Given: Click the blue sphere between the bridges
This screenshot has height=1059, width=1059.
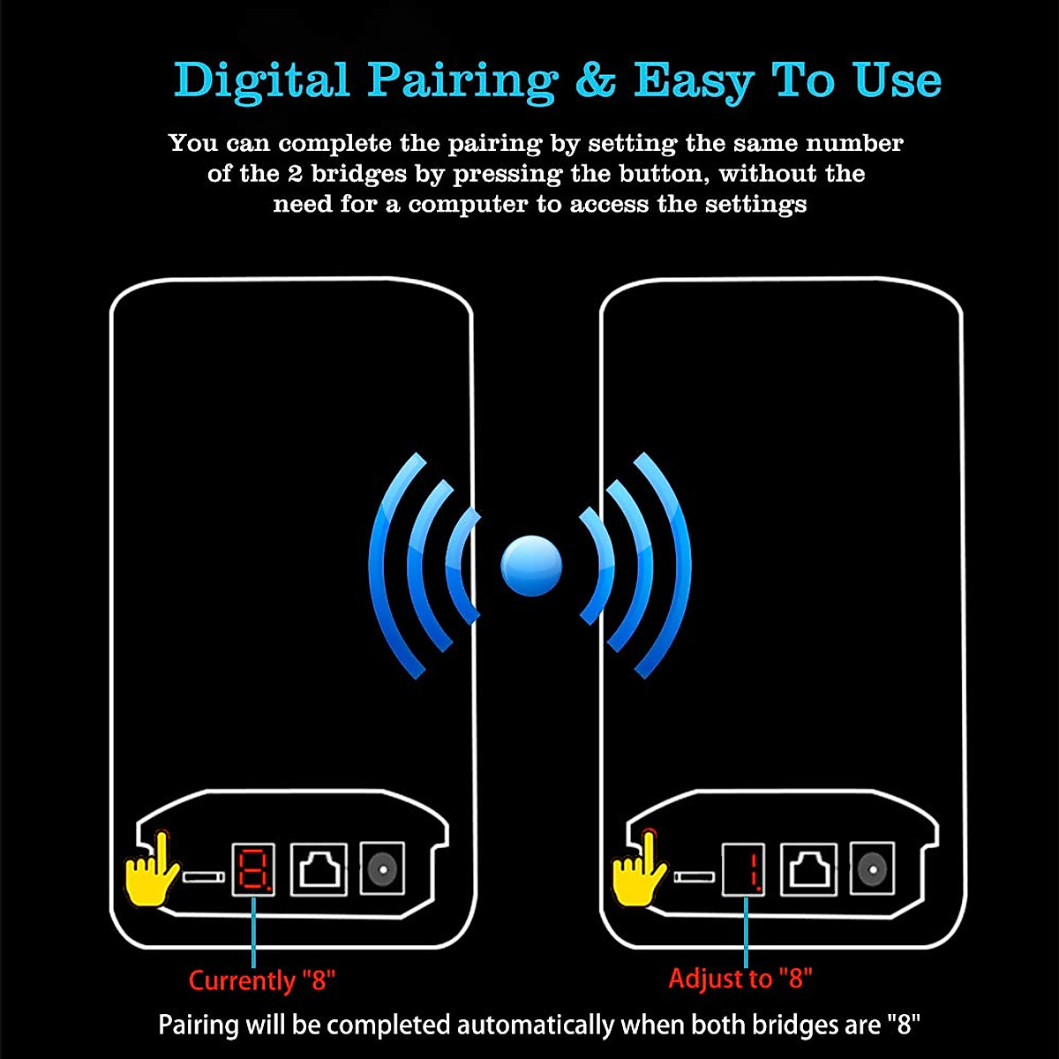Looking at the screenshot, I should pos(530,566).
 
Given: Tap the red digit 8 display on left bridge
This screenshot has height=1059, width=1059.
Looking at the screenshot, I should pos(253,869).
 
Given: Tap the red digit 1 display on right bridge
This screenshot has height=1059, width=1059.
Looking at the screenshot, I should pos(744,869).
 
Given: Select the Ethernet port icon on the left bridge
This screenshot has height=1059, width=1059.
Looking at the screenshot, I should pos(319,869).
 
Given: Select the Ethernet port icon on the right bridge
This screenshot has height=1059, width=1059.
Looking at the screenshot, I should pos(809,869).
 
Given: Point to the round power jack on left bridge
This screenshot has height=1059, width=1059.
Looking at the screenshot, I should pos(383,869).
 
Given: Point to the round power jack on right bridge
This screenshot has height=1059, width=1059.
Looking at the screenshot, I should pos(873,869).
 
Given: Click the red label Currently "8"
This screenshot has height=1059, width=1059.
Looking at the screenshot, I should pos(262,980).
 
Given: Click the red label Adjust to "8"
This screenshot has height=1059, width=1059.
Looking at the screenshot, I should pos(740,978).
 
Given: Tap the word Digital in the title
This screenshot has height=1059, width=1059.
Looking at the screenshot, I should pos(262,80).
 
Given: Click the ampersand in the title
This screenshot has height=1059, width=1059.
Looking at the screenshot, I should pos(596,80).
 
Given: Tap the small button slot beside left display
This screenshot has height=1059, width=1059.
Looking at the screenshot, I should pos(203,877).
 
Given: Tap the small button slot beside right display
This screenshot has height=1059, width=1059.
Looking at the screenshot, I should pos(694,877).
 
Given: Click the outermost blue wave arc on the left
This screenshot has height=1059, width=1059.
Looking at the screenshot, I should pos(380,566).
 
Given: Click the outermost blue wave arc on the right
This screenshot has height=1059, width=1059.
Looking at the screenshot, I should pos(680,566).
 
